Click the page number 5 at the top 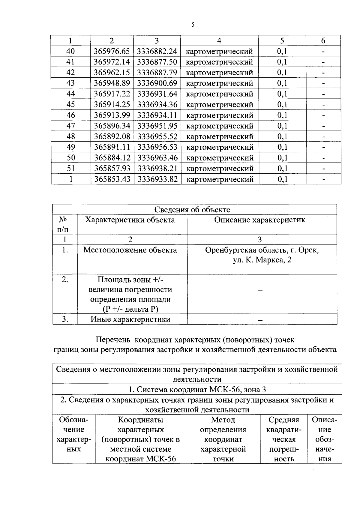[x=193, y=25]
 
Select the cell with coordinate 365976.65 [x=112, y=51]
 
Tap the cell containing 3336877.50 [x=157, y=62]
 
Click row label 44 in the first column [x=70, y=94]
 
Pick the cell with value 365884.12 [x=112, y=158]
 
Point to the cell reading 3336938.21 [x=157, y=169]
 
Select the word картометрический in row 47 [x=220, y=126]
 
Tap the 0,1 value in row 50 [x=282, y=158]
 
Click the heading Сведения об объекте [x=192, y=209]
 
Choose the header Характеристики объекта [x=130, y=220]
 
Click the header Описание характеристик [x=260, y=220]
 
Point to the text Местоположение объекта [x=130, y=250]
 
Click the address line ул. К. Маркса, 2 [x=262, y=260]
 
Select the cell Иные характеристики [x=130, y=319]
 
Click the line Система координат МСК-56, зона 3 [x=197, y=390]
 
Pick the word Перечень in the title [x=113, y=340]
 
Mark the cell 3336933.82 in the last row [x=157, y=179]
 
